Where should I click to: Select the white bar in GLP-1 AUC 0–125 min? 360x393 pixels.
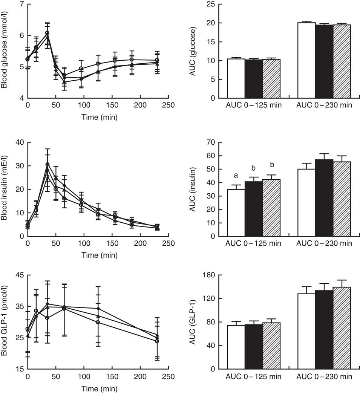[x=236, y=347]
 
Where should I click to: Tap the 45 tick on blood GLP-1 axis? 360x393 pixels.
[x=18, y=275]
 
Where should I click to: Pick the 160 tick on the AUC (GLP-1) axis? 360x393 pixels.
[x=216, y=275]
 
